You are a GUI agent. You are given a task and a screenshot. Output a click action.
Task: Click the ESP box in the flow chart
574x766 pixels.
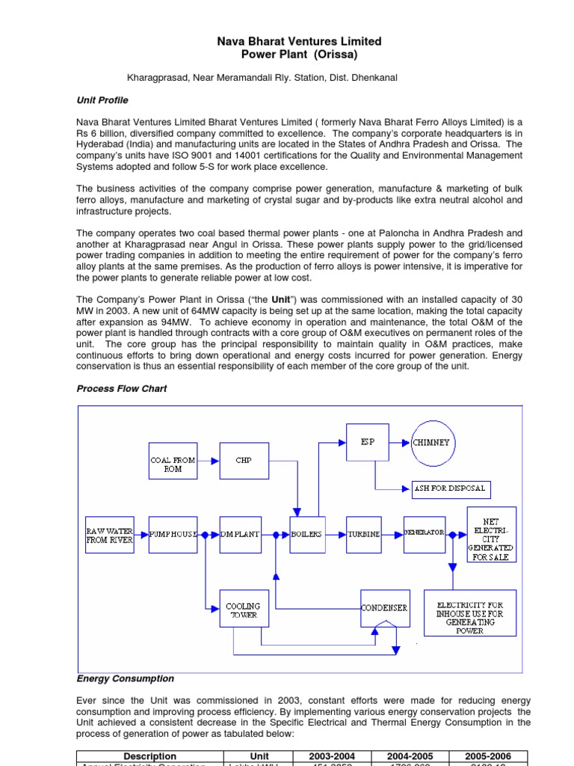368,442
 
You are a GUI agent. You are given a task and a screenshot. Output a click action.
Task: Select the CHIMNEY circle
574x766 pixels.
431,442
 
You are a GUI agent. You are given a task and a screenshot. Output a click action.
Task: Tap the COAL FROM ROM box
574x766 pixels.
173,461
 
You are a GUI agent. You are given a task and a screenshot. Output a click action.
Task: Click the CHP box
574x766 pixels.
244,461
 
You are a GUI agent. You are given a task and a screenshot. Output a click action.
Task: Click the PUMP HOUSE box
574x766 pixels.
173,534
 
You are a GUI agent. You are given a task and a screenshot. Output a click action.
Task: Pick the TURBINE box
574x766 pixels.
364,534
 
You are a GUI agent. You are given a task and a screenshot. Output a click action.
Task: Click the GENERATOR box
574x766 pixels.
425,533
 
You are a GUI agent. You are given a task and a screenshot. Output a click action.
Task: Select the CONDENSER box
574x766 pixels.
385,608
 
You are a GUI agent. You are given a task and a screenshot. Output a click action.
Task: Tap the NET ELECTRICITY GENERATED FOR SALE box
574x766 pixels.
491,534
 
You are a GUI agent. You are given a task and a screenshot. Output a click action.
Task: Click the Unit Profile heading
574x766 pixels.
102,100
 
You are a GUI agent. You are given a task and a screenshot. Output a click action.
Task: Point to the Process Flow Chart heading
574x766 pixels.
122,389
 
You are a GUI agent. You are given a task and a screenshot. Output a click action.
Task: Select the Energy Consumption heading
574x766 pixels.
126,678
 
